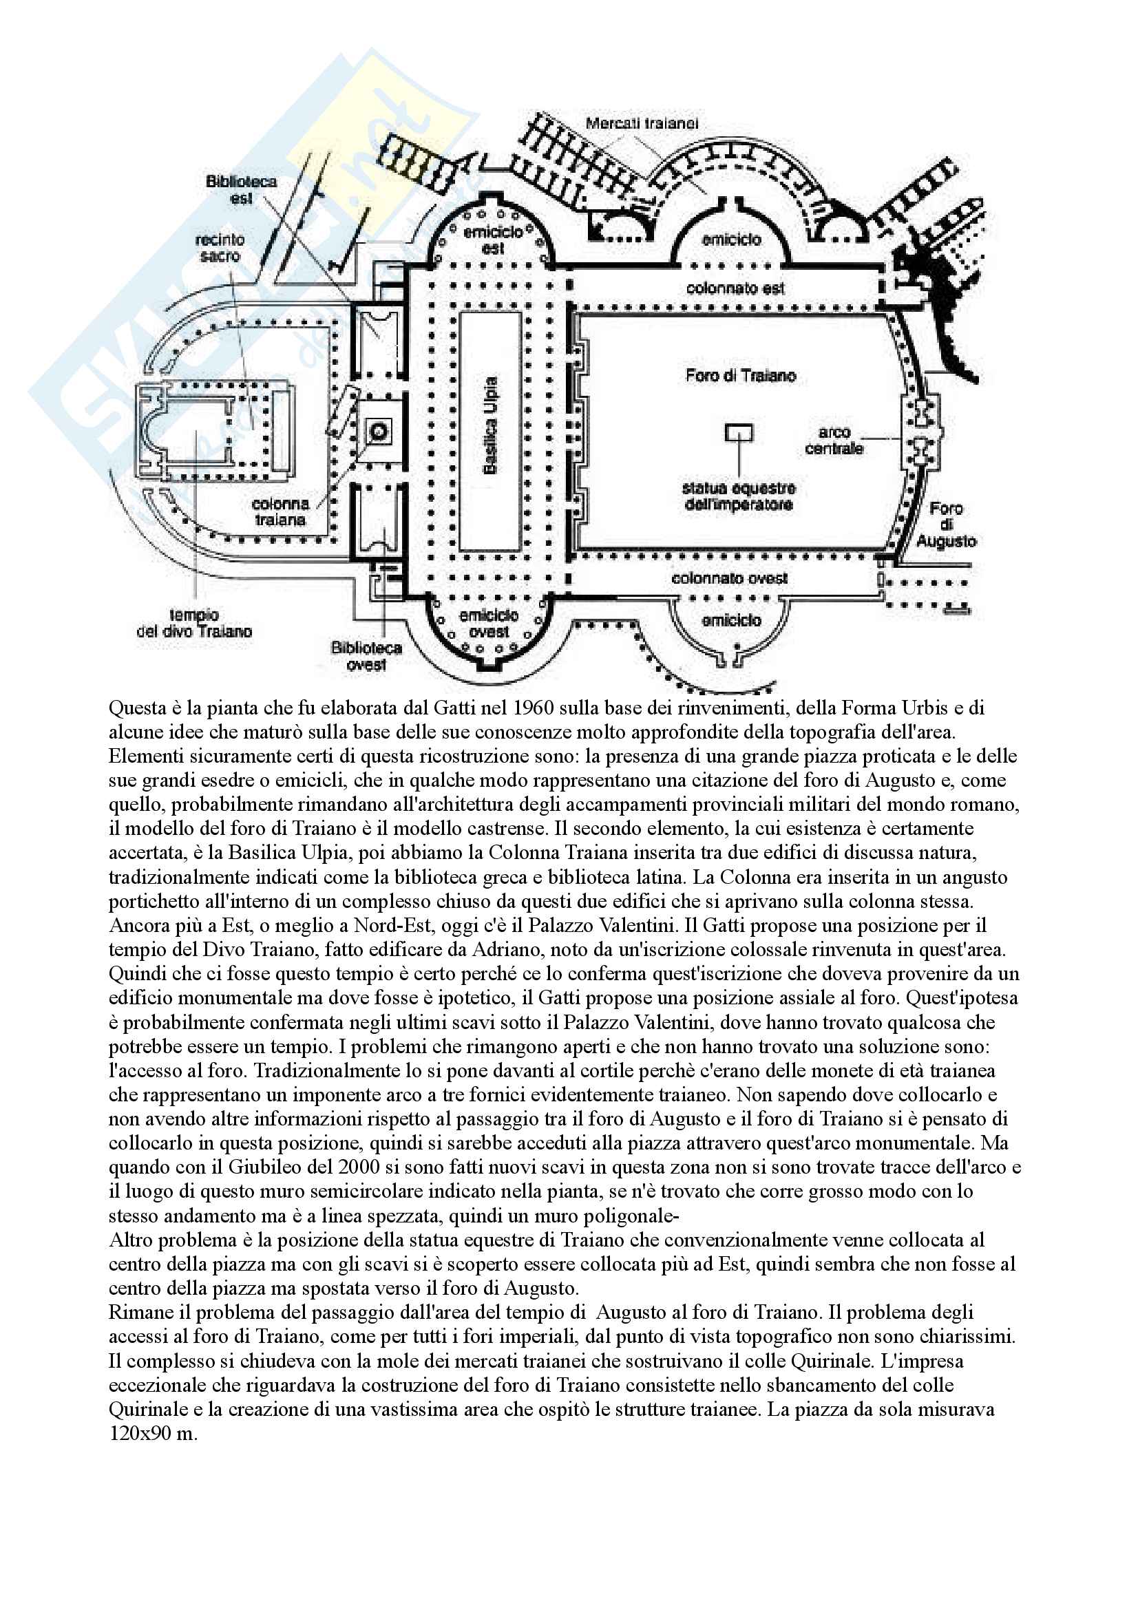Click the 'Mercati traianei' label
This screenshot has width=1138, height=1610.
pos(642,123)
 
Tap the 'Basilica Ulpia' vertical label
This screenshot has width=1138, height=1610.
pos(490,425)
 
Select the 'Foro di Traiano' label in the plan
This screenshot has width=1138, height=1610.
pos(741,376)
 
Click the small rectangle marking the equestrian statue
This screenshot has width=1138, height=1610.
pos(738,433)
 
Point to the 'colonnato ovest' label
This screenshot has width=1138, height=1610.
pos(729,578)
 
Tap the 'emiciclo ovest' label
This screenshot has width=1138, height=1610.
pos(489,624)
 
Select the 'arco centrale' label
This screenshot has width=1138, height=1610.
pos(834,441)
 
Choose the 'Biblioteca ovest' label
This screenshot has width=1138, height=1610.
pos(366,656)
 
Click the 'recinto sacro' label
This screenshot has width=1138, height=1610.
pos(220,248)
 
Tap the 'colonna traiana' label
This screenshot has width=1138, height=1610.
pos(280,512)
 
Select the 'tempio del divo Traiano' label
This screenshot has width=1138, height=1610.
pos(194,624)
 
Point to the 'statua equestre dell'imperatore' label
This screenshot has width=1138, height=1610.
pos(738,496)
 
